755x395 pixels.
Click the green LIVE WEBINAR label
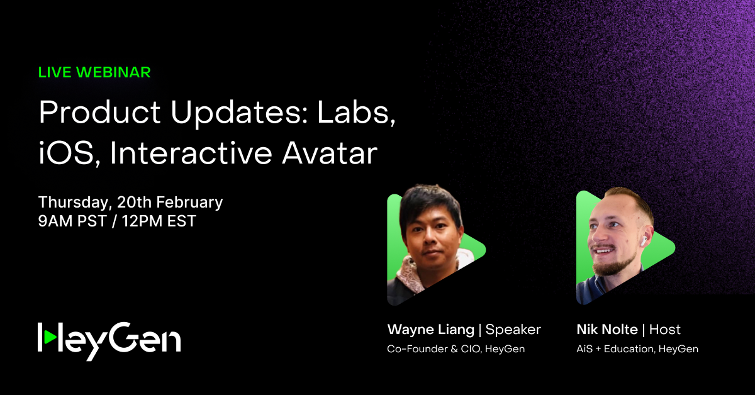94,72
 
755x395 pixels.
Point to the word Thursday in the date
70,203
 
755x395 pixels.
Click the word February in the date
189,203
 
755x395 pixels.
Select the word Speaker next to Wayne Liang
513,330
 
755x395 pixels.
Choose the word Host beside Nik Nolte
665,330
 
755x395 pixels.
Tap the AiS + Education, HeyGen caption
637,349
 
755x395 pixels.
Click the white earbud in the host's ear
644,240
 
